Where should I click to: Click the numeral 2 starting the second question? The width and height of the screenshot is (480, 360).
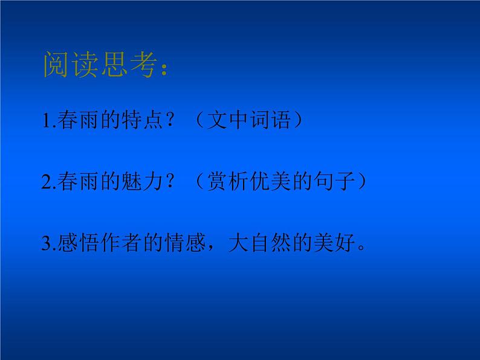point(47,183)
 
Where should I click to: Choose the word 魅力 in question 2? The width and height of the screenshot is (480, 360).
point(141,182)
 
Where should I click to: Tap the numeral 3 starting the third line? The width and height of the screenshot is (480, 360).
point(47,244)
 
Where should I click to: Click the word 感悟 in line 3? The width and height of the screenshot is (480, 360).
point(76,243)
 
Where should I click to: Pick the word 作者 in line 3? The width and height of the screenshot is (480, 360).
point(120,243)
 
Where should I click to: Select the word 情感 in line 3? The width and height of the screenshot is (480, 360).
point(184,243)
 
